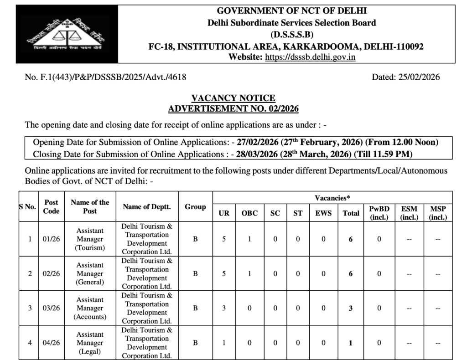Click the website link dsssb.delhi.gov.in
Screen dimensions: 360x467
click(x=310, y=57)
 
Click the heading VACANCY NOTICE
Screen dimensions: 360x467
click(x=233, y=98)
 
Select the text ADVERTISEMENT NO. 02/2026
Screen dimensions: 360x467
click(x=233, y=108)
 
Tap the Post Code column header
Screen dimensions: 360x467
click(x=51, y=206)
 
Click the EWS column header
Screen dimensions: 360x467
click(x=323, y=213)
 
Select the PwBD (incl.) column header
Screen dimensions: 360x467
click(x=379, y=213)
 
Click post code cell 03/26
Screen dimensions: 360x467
click(x=51, y=308)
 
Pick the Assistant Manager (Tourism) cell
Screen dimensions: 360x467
click(x=90, y=239)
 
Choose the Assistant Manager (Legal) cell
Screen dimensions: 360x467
click(x=90, y=343)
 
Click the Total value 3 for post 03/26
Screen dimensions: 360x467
click(x=351, y=308)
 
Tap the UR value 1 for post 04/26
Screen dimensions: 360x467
click(x=224, y=343)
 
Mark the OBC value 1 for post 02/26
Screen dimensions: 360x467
click(x=249, y=273)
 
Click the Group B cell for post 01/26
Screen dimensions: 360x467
click(x=195, y=239)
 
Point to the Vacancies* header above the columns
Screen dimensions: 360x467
click(x=332, y=197)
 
